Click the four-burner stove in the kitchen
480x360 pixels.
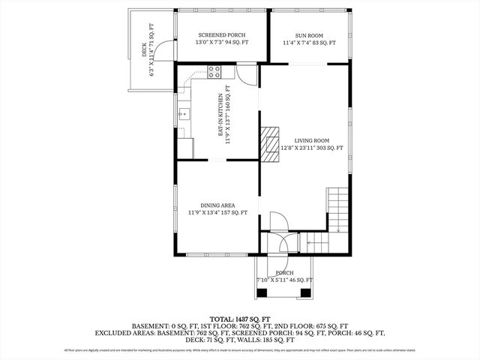(214, 72)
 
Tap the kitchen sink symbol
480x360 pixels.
(183, 115)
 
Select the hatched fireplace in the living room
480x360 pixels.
(268, 142)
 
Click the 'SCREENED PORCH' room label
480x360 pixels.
(221, 35)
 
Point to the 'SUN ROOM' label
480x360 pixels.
(309, 35)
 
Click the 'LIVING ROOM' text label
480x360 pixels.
(311, 140)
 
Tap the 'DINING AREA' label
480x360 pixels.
(217, 205)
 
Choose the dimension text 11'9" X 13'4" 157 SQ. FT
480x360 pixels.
(217, 213)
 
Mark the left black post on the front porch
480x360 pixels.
(262, 290)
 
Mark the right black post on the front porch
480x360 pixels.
(305, 290)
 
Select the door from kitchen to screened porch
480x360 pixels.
(246, 72)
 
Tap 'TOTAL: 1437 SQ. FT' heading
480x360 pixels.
(239, 319)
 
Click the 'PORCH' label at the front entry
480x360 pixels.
(284, 273)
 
